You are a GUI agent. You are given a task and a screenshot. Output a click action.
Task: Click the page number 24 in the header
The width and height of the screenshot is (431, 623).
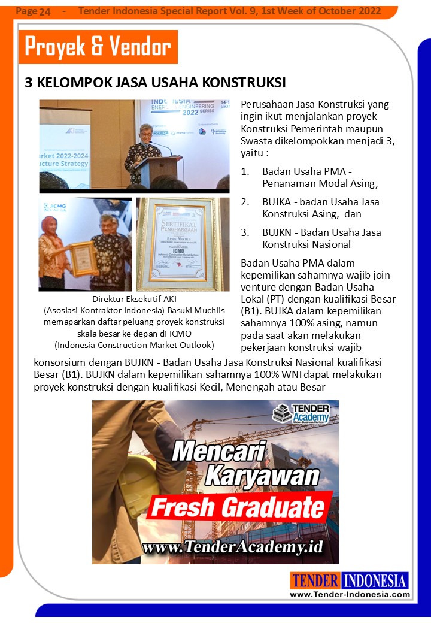point(44,11)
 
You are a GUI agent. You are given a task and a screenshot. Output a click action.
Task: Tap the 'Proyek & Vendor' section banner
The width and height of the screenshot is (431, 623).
point(98,47)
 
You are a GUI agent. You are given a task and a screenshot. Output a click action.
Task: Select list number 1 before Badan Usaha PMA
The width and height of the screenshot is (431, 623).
point(245,171)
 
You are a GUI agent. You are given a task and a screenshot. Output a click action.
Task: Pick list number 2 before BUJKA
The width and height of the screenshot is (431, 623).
point(245,202)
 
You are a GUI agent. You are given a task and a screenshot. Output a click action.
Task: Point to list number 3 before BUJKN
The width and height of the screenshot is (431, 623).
point(245,232)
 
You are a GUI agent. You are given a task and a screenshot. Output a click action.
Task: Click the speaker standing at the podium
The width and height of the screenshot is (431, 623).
point(143,150)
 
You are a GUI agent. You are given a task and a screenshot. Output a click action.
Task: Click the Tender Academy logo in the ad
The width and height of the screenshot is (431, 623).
point(303,414)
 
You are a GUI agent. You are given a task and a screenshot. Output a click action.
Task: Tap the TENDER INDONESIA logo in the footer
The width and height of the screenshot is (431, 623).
point(350,580)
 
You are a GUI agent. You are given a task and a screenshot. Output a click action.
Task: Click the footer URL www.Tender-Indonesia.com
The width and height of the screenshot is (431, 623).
point(350,594)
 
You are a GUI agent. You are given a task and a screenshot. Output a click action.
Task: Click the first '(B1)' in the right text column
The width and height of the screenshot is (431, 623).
point(250,311)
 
